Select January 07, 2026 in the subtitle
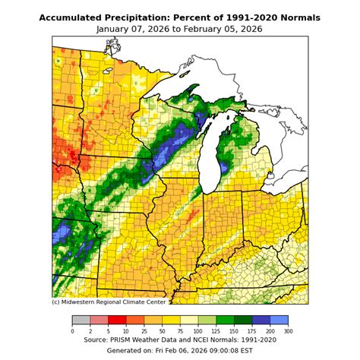click(x=135, y=29)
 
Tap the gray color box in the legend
click(x=81, y=321)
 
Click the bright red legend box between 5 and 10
click(x=117, y=321)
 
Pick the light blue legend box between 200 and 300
click(x=279, y=321)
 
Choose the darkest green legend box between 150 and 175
click(x=243, y=321)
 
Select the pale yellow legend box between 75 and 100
click(x=189, y=321)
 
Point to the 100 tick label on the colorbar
click(x=198, y=331)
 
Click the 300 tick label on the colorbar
click(x=288, y=331)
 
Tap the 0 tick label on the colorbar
click(x=72, y=331)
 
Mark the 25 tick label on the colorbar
click(x=144, y=331)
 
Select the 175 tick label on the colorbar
click(x=252, y=331)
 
